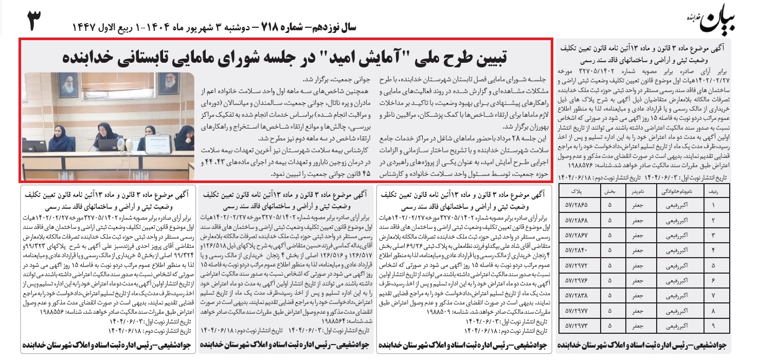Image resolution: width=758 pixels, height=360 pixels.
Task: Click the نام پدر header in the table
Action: click(x=641, y=190)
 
